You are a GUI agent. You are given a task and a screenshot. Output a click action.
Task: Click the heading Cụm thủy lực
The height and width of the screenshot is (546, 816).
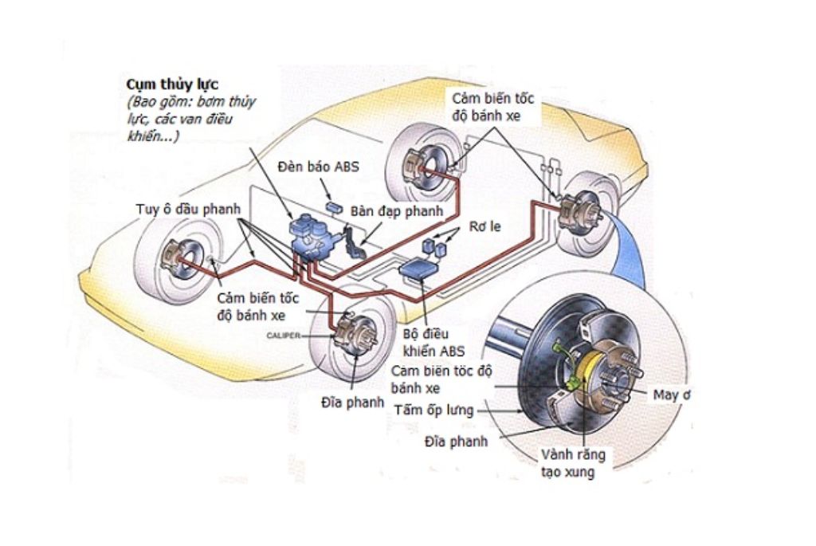pyautogui.click(x=172, y=84)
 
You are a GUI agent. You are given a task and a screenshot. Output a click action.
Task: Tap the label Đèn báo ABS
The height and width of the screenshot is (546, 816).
pyautogui.click(x=318, y=167)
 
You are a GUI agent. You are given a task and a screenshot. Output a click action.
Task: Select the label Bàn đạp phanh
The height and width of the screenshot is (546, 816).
pyautogui.click(x=397, y=211)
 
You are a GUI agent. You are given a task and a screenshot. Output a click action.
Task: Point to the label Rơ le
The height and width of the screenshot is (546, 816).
pyautogui.click(x=484, y=227)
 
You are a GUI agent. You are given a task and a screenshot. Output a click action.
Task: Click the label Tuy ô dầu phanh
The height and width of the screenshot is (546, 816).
pyautogui.click(x=188, y=210)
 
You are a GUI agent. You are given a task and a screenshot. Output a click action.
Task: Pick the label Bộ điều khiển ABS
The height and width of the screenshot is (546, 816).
pyautogui.click(x=433, y=342)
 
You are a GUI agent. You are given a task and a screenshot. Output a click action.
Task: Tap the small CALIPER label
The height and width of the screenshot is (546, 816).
pyautogui.click(x=284, y=336)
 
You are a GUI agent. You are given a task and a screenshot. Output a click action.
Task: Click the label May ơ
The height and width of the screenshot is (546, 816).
pyautogui.click(x=672, y=395)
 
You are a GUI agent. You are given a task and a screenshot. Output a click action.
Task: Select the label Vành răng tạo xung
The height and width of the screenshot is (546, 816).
pyautogui.click(x=573, y=463)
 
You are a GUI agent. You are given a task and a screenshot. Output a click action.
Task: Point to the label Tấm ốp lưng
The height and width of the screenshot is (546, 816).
pyautogui.click(x=434, y=410)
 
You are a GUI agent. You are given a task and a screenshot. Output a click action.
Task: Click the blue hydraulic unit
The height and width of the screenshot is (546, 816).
pyautogui.click(x=312, y=237)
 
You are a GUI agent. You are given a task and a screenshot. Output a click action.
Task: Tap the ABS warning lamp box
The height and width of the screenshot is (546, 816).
pyautogui.click(x=334, y=208)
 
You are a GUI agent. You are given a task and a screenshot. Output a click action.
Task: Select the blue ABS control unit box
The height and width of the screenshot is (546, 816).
pyautogui.click(x=418, y=269)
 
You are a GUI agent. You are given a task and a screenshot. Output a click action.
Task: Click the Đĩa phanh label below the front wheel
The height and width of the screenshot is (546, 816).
pyautogui.click(x=352, y=403)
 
